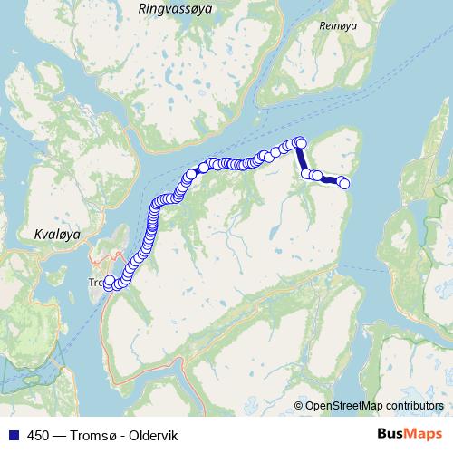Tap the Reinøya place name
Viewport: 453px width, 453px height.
click(x=339, y=26)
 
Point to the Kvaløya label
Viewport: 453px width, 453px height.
click(x=56, y=234)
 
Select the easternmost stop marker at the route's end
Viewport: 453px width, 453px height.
click(x=344, y=184)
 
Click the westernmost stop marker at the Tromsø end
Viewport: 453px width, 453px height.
click(x=109, y=282)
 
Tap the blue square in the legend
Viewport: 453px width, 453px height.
click(x=11, y=435)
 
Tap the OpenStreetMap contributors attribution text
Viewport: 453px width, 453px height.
click(x=373, y=405)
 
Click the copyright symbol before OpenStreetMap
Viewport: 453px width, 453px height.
click(x=299, y=405)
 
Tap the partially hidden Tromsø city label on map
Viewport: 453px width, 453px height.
click(x=94, y=283)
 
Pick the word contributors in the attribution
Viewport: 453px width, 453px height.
click(x=413, y=405)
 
